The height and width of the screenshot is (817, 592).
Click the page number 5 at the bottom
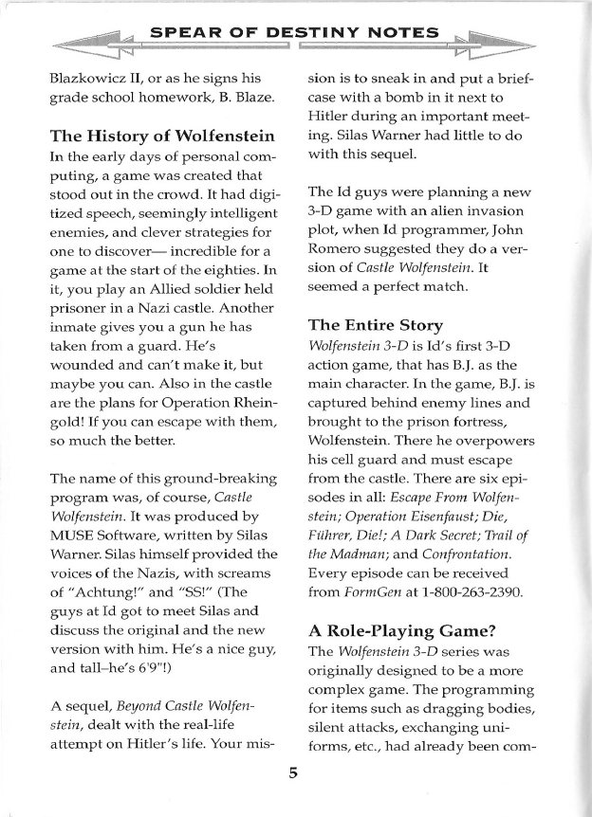tap(294, 772)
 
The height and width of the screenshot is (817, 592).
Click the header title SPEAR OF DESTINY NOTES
tap(295, 34)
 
